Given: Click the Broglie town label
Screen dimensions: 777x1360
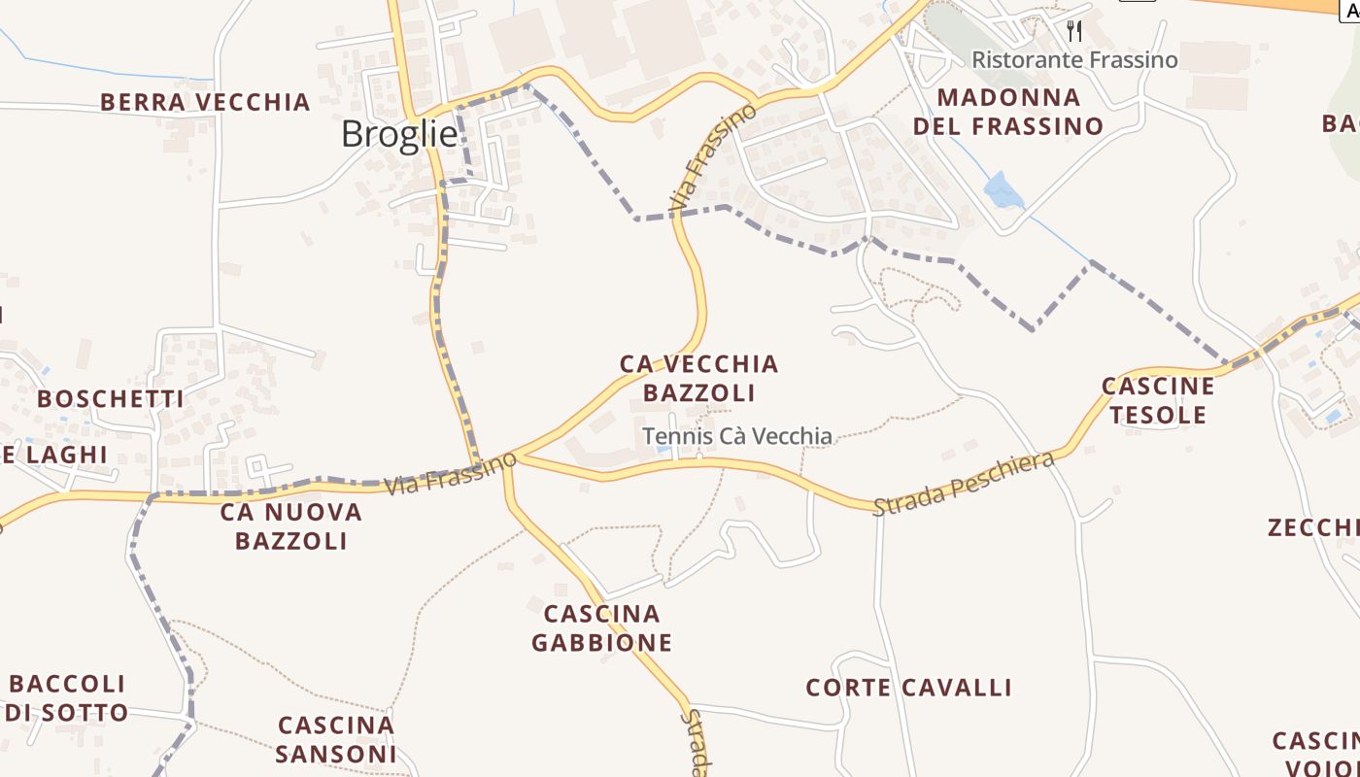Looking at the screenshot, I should [x=398, y=134].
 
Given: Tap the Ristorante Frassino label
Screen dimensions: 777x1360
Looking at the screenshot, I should [x=1074, y=60].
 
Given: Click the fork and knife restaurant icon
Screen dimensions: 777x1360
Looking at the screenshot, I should [x=1073, y=31].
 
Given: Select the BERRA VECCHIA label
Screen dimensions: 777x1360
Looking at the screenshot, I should [x=205, y=102].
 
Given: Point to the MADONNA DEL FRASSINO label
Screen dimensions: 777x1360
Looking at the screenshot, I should [x=1008, y=112].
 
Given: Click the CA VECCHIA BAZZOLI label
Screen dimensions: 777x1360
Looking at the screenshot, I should [x=699, y=378].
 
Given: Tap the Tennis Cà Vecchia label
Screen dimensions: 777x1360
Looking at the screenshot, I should [x=737, y=436].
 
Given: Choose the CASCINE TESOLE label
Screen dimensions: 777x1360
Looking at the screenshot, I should [x=1158, y=400].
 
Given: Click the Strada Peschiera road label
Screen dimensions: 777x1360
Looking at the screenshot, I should [x=963, y=484].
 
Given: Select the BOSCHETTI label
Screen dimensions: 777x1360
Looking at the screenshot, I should [x=111, y=398].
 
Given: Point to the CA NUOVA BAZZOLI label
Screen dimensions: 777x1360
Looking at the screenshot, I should [x=290, y=525].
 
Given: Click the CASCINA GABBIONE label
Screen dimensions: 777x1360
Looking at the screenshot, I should [x=602, y=627].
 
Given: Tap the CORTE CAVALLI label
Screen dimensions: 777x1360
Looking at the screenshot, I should [x=908, y=688].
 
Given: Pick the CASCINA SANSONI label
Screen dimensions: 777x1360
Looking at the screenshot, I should [x=336, y=739].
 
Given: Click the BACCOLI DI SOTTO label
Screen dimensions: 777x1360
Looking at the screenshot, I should [x=68, y=697].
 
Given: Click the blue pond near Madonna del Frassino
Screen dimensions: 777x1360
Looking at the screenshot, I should [x=1003, y=191].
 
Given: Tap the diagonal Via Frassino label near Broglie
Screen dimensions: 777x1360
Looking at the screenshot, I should [x=713, y=158].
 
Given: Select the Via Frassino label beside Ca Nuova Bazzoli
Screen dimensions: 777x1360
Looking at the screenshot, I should [x=450, y=473].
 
